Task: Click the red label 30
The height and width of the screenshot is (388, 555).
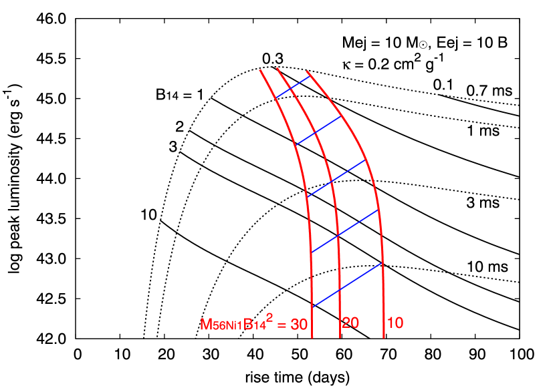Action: pos(299,325)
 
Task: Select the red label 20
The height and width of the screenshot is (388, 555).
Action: pos(350,323)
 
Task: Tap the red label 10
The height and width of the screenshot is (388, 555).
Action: pos(395,323)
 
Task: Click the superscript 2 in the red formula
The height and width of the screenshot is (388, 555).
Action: pos(269,317)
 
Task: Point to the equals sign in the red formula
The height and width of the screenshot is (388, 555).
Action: pos(282,325)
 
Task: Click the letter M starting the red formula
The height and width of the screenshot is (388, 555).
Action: pos(206,325)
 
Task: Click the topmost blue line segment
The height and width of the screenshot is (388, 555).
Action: pos(292,87)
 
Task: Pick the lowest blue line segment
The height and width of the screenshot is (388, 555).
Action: pos(347,285)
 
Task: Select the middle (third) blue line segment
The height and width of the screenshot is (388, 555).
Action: pos(336,178)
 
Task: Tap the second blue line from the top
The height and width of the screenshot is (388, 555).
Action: pos(318,130)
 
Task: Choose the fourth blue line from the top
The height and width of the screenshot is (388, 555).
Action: pos(345,231)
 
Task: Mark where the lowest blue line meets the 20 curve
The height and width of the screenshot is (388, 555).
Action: pos(340,290)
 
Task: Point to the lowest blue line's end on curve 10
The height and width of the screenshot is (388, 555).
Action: pos(382,262)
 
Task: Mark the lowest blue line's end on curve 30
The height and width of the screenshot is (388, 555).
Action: pos(312,307)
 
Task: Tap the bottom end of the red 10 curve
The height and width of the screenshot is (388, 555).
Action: pos(384,338)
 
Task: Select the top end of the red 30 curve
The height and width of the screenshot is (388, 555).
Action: pos(260,69)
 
